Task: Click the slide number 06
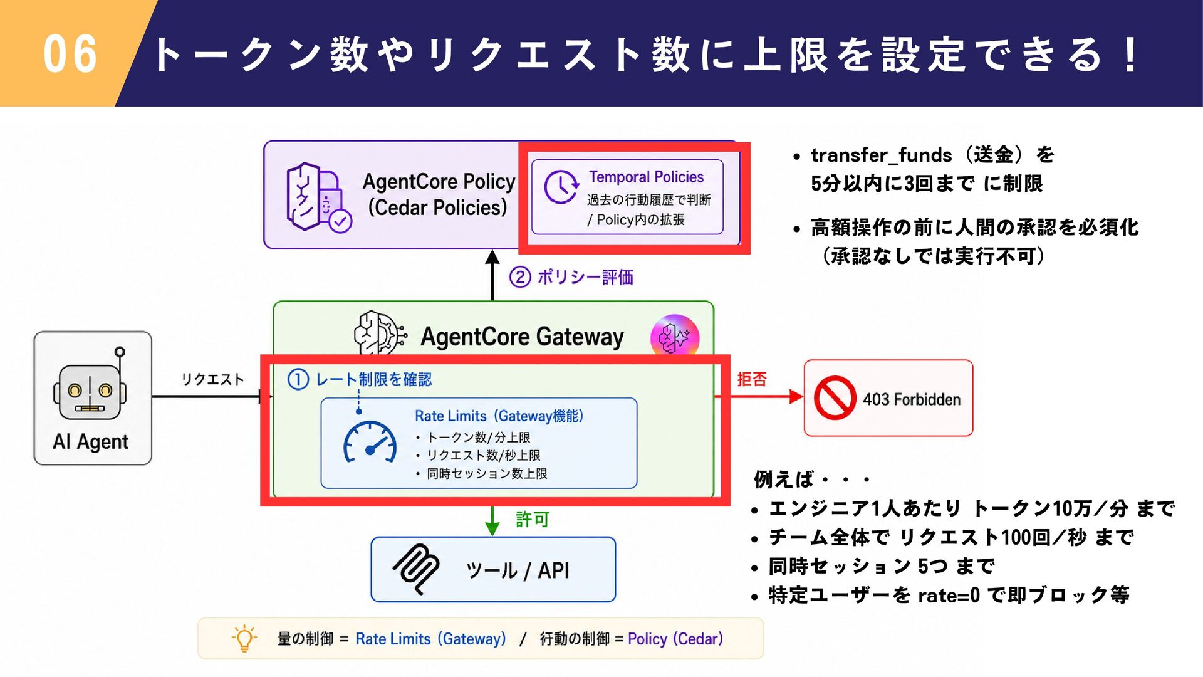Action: click(70, 54)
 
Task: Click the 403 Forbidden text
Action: click(912, 399)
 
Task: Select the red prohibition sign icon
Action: click(835, 397)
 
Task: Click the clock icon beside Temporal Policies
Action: click(561, 186)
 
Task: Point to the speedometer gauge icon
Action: click(370, 442)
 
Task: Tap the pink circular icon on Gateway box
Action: click(674, 337)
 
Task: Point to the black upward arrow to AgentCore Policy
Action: click(492, 276)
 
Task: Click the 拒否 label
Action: click(752, 379)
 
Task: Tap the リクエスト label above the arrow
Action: click(212, 379)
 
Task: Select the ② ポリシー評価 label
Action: click(571, 276)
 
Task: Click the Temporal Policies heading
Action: click(646, 177)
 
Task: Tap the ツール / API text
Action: click(518, 570)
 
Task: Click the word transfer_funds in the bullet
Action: click(881, 155)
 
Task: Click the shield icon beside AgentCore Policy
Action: click(319, 197)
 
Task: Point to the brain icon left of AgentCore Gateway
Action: click(380, 333)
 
